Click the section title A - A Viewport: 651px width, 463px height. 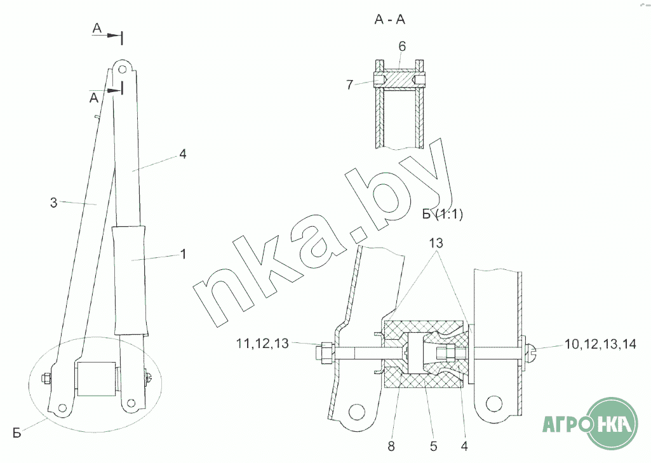[389, 19]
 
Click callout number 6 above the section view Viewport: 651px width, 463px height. [402, 46]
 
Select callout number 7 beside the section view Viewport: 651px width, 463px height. [349, 84]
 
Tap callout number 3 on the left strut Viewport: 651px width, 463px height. [53, 203]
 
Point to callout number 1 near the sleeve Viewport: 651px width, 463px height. [183, 254]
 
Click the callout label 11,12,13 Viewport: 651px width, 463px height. [262, 344]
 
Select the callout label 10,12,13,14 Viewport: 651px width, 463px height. [600, 344]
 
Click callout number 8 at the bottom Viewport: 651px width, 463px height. [391, 446]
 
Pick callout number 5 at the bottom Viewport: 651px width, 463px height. [434, 446]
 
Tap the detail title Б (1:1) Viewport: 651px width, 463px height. [442, 214]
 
